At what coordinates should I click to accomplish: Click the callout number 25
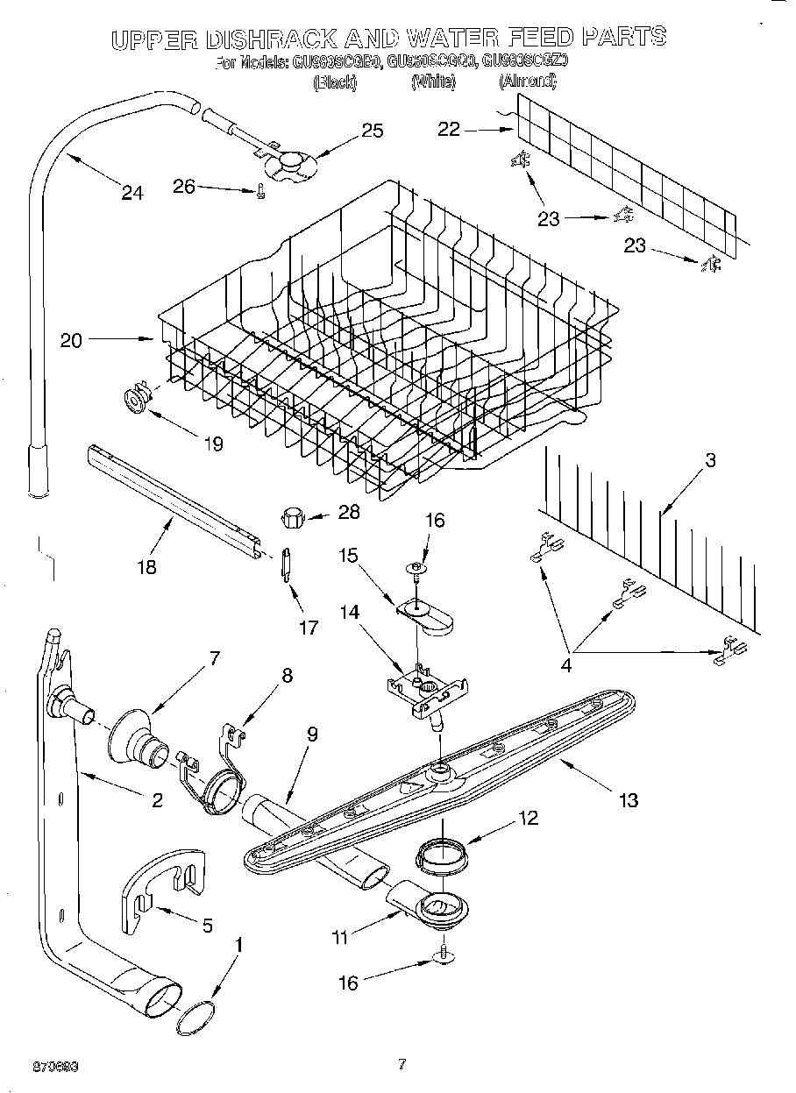tap(373, 131)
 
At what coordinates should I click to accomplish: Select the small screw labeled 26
tap(259, 194)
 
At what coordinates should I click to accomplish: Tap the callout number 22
tap(449, 129)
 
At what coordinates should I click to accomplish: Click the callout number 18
tap(146, 566)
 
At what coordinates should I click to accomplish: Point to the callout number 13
tap(628, 799)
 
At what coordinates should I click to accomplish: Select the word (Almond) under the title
tap(527, 82)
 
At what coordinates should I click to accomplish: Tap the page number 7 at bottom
tap(402, 1065)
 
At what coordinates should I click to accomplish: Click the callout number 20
tap(71, 340)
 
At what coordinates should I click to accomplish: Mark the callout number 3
tap(710, 460)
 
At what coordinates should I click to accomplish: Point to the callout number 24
tap(131, 193)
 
